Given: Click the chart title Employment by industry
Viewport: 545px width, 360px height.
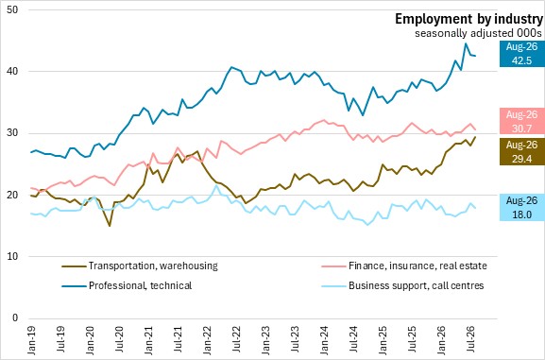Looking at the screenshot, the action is coord(468,19).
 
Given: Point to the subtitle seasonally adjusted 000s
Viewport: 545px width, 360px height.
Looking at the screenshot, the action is coord(478,33).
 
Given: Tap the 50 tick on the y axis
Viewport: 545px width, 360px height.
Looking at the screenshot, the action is coord(12,9).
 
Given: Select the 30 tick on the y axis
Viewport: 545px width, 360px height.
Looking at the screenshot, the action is coord(12,133).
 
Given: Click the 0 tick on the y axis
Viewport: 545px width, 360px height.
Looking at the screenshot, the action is coord(15,318).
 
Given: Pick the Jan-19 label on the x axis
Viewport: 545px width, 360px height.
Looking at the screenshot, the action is coord(31,340).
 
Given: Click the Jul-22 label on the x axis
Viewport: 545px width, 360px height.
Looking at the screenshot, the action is coord(237,340).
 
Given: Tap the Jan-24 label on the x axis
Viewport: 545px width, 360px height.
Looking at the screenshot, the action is coord(324,340).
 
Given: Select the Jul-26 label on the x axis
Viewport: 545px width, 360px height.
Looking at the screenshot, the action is coord(471,340).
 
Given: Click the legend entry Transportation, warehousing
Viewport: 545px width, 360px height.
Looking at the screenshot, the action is coord(140,266).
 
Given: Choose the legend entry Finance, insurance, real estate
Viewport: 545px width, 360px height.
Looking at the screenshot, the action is coord(404,266).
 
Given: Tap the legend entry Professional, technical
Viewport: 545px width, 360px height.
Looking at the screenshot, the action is coord(127,285).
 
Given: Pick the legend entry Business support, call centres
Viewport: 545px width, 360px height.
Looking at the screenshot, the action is coord(403,285).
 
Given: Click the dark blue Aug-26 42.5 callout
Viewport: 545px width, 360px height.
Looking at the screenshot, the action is coord(521,54).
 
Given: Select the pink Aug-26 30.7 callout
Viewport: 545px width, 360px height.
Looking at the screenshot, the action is coord(521,121).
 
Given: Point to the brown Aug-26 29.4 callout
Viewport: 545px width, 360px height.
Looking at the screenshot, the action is coord(521,151).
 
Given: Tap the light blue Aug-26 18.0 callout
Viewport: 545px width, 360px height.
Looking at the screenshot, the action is coord(521,208).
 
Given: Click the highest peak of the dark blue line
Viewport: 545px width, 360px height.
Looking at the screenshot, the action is coord(466,43).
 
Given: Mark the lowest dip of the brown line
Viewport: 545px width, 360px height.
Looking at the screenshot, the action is coord(110,226).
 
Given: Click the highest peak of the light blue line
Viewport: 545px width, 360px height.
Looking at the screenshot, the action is coord(216,185).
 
